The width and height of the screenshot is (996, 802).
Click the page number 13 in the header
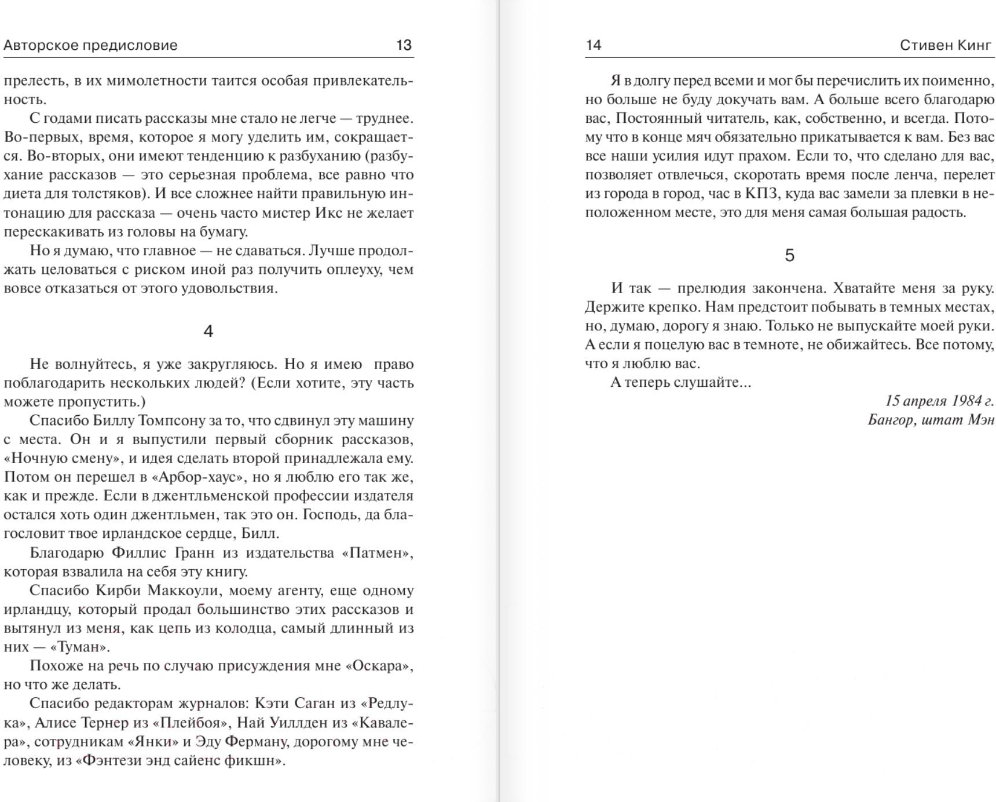coord(404,45)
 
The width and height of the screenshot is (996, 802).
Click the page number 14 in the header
coord(594,45)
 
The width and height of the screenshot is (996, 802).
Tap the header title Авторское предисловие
coord(90,45)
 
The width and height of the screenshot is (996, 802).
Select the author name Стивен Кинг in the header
coord(946,45)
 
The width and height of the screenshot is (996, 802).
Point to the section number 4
coord(208,331)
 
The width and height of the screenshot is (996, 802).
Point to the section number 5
coord(789,255)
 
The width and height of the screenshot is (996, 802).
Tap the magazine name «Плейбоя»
coord(190,723)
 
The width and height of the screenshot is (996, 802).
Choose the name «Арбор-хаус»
coord(199,477)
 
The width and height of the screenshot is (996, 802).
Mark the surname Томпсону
coord(171,420)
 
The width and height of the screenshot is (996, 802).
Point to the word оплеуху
coord(349,269)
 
